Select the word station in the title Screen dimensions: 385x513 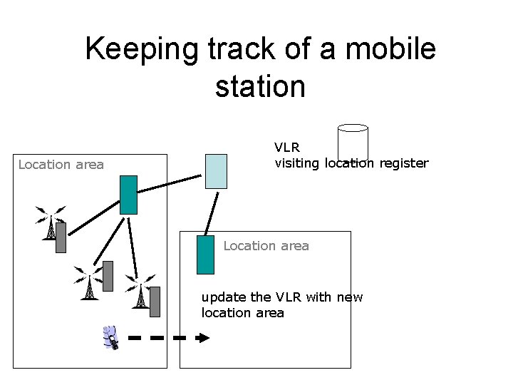click(260, 86)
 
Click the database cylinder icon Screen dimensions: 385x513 click(352, 142)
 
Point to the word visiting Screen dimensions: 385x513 click(298, 163)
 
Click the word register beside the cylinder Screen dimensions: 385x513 click(404, 163)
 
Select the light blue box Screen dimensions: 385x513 click(216, 171)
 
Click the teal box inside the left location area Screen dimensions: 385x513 click(128, 195)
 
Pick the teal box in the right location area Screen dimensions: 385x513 click(205, 255)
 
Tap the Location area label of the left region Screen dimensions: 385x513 click(61, 165)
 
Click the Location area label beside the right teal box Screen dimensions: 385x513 click(266, 246)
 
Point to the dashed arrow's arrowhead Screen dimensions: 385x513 click(204, 337)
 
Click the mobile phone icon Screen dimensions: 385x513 click(110, 337)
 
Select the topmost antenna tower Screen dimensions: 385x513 click(50, 222)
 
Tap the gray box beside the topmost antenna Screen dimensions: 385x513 click(61, 237)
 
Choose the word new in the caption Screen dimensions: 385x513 click(349, 297)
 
